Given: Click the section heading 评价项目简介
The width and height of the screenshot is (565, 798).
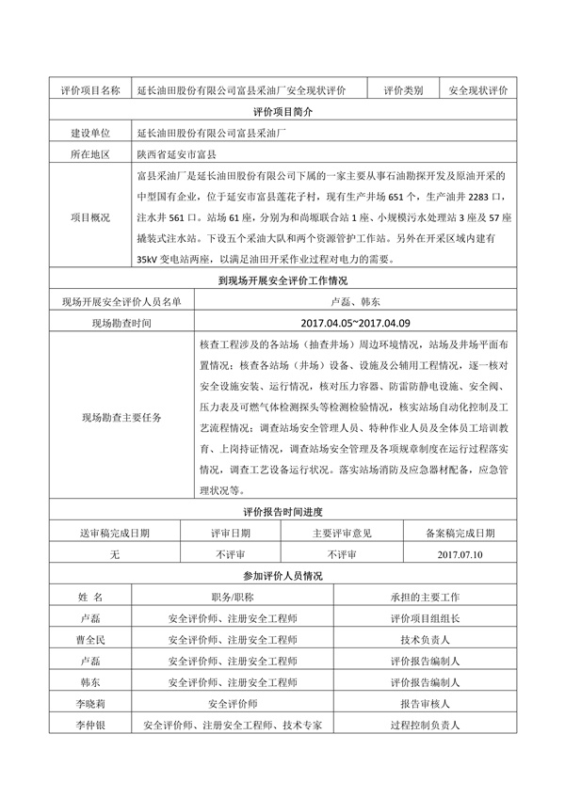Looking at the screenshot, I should click(282, 112).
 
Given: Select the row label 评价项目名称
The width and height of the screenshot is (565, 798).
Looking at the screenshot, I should click(89, 90).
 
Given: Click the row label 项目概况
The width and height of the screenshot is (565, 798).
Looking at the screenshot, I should click(89, 216).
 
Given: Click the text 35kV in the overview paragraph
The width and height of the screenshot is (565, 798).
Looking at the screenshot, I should click(151, 259).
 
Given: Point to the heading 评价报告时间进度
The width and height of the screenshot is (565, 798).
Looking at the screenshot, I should click(282, 511).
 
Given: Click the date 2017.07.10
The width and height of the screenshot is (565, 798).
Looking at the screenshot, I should click(460, 554).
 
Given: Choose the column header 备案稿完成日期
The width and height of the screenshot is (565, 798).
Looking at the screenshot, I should click(460, 533).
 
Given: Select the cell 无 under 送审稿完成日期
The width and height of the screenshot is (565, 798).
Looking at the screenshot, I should click(114, 554).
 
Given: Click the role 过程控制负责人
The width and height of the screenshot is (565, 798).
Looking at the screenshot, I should click(424, 726).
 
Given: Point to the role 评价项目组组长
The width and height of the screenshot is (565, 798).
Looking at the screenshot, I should click(424, 619).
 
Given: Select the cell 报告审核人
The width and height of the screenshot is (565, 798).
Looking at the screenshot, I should click(424, 704).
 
